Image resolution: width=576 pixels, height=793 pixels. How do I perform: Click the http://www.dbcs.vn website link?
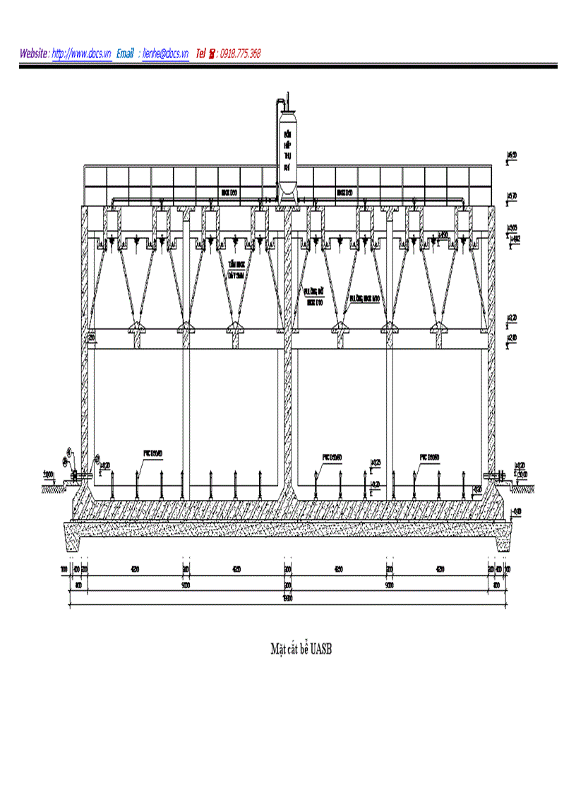(82, 54)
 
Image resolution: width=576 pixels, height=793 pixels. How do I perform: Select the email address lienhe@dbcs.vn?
(165, 54)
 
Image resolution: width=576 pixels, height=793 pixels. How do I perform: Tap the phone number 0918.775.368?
(240, 54)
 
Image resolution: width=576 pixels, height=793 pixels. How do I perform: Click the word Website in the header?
(34, 54)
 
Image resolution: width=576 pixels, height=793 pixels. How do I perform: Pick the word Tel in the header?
(200, 54)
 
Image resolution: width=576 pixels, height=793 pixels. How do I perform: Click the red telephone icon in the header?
(212, 54)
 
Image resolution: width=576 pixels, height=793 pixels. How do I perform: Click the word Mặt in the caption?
(278, 648)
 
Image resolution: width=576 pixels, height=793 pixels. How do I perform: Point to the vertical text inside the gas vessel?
(287, 150)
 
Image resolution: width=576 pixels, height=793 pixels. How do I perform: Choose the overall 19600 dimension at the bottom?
(288, 600)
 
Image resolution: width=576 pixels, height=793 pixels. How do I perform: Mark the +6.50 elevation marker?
(512, 155)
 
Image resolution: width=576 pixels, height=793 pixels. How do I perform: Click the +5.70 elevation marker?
(512, 196)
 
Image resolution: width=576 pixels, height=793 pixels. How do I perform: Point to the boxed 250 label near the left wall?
(92, 340)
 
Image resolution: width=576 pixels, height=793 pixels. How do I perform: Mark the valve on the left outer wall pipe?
(71, 477)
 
